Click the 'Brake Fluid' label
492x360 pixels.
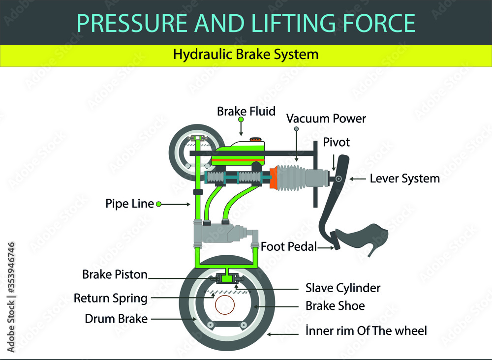click(246, 112)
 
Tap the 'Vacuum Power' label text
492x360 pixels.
click(326, 119)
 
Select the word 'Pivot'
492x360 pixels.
click(336, 143)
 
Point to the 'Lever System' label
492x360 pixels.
click(404, 179)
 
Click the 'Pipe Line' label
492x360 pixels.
click(129, 204)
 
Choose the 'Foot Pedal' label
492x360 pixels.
click(288, 247)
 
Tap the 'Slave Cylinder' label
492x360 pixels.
click(343, 287)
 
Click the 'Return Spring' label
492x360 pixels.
click(110, 298)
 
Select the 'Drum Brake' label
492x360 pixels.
click(116, 319)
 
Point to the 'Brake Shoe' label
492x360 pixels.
click(335, 306)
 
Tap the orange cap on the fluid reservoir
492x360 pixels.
click(256, 140)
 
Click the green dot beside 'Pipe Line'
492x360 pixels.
click(159, 204)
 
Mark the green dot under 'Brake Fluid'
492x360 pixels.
click(241, 120)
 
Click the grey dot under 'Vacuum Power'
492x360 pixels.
click(296, 129)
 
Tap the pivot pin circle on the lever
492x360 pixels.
click(338, 179)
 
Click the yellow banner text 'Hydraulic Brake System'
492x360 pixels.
click(246, 54)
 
